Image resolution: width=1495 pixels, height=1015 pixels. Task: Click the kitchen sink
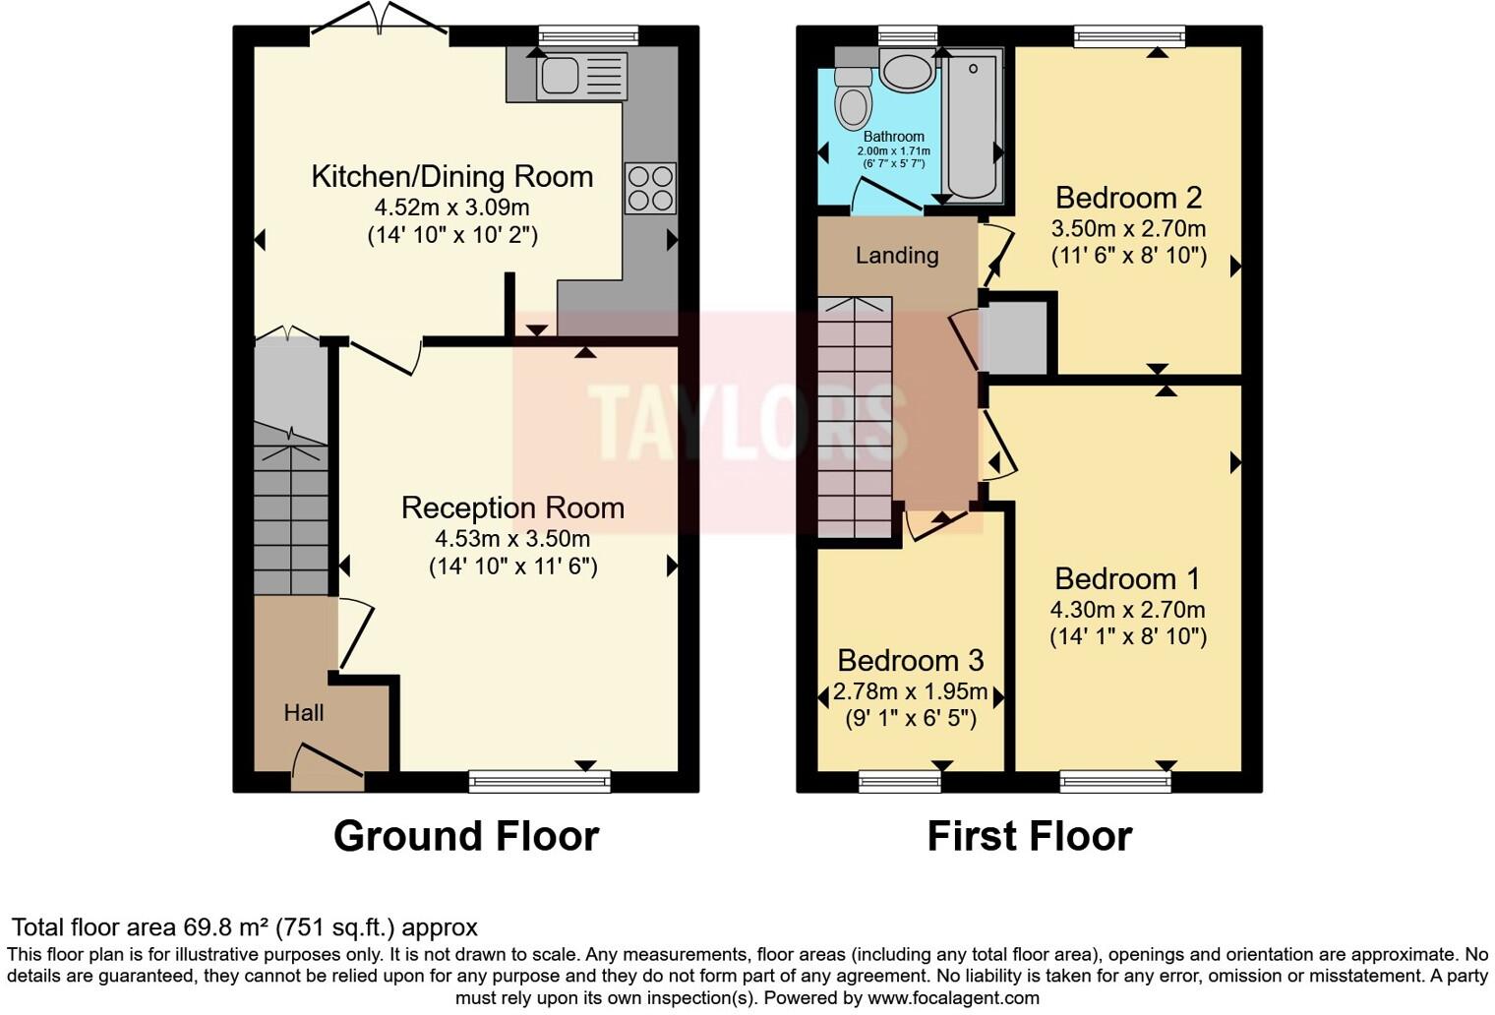point(580,75)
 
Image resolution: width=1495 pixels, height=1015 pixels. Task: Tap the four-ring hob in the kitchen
point(650,188)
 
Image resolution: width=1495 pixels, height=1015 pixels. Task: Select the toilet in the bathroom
point(853,98)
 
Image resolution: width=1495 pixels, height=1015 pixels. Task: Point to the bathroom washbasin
point(907,72)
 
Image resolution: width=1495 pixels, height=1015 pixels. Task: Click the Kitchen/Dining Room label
point(451,176)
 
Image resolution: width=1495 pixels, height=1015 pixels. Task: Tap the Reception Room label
point(512,507)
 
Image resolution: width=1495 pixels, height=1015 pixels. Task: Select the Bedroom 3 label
point(910,660)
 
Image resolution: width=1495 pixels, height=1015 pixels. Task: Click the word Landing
point(896,256)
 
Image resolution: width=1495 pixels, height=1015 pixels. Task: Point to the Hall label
point(303,713)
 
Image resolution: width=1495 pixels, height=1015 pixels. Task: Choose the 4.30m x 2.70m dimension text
point(1127,609)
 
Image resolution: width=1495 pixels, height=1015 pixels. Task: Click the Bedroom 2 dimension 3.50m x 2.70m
point(1128,229)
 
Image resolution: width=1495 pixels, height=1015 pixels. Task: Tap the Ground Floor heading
point(465,836)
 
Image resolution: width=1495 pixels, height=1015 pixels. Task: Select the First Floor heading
point(1029,836)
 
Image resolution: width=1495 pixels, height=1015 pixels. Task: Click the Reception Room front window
point(539,782)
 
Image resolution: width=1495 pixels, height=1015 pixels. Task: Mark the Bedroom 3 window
point(899,782)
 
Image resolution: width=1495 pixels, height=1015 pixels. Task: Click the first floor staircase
point(854,418)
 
